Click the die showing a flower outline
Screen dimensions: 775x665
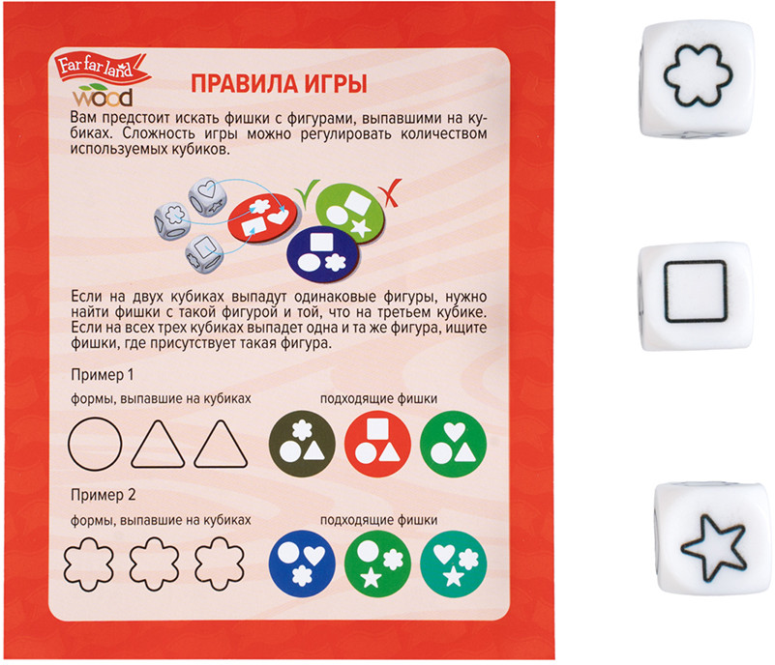[697, 78]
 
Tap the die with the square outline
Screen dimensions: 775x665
[696, 296]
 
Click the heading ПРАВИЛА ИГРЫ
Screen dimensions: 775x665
[280, 84]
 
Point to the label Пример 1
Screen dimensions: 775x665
[103, 375]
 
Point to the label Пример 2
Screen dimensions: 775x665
[103, 495]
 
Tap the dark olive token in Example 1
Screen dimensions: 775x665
[302, 444]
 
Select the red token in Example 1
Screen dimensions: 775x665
[377, 444]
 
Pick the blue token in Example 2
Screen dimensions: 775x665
[302, 564]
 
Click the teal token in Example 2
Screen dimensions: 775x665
[453, 564]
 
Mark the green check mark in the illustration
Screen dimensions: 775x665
[308, 190]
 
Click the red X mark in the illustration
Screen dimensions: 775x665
[391, 192]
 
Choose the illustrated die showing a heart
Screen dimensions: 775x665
[208, 196]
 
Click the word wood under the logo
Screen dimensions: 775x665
[103, 98]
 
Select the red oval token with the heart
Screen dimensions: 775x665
[263, 217]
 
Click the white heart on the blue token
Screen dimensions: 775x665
[314, 555]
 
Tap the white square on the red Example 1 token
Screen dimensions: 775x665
[377, 428]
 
